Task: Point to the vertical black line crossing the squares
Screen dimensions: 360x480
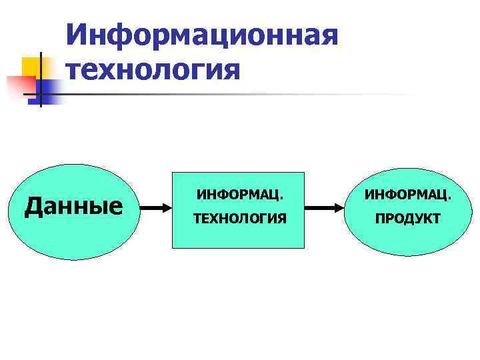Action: [41, 80]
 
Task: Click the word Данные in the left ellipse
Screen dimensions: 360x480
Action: [73, 207]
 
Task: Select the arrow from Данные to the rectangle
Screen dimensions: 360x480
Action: [157, 208]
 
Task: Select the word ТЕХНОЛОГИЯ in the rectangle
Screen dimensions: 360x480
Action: [239, 219]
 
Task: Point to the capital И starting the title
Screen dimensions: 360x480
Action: [77, 33]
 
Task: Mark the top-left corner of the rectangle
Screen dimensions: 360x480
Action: [173, 173]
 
